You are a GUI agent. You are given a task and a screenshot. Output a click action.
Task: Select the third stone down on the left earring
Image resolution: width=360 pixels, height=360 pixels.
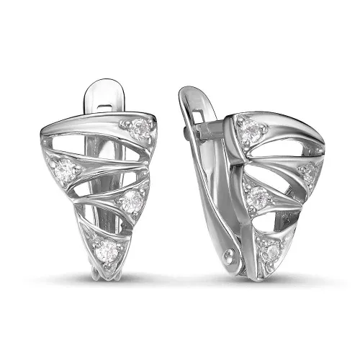pos(130,202)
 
